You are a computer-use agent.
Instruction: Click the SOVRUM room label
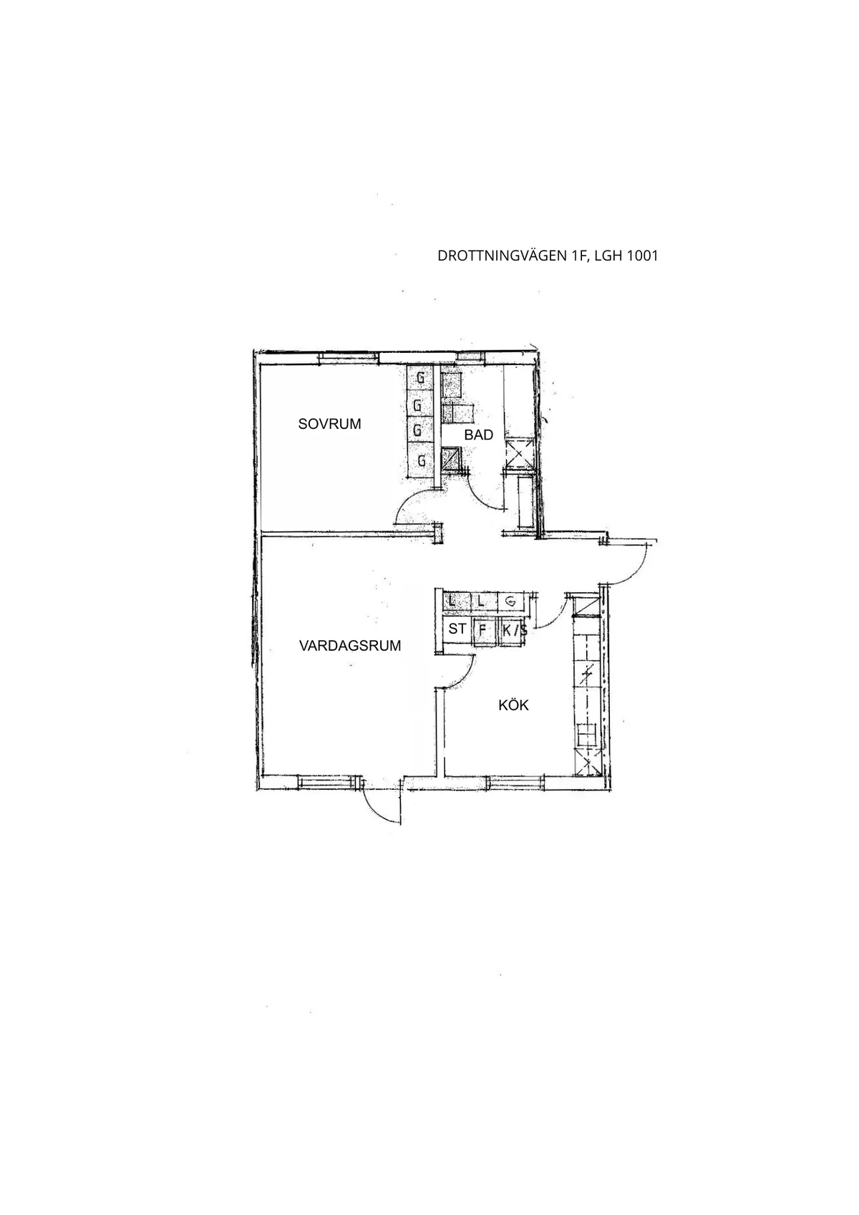(x=329, y=424)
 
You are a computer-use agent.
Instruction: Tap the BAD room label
(x=478, y=435)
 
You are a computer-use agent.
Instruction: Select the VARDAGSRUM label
(x=350, y=646)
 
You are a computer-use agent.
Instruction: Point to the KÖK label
(x=513, y=705)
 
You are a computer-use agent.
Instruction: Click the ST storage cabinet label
(x=457, y=629)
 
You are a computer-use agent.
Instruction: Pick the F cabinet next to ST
(x=483, y=631)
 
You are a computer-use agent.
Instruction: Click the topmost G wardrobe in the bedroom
(x=421, y=377)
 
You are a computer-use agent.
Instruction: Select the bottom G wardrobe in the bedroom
(x=421, y=460)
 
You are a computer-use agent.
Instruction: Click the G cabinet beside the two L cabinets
(x=510, y=601)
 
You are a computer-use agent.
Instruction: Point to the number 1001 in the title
(x=642, y=256)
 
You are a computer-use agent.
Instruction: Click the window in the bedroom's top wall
(x=349, y=356)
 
